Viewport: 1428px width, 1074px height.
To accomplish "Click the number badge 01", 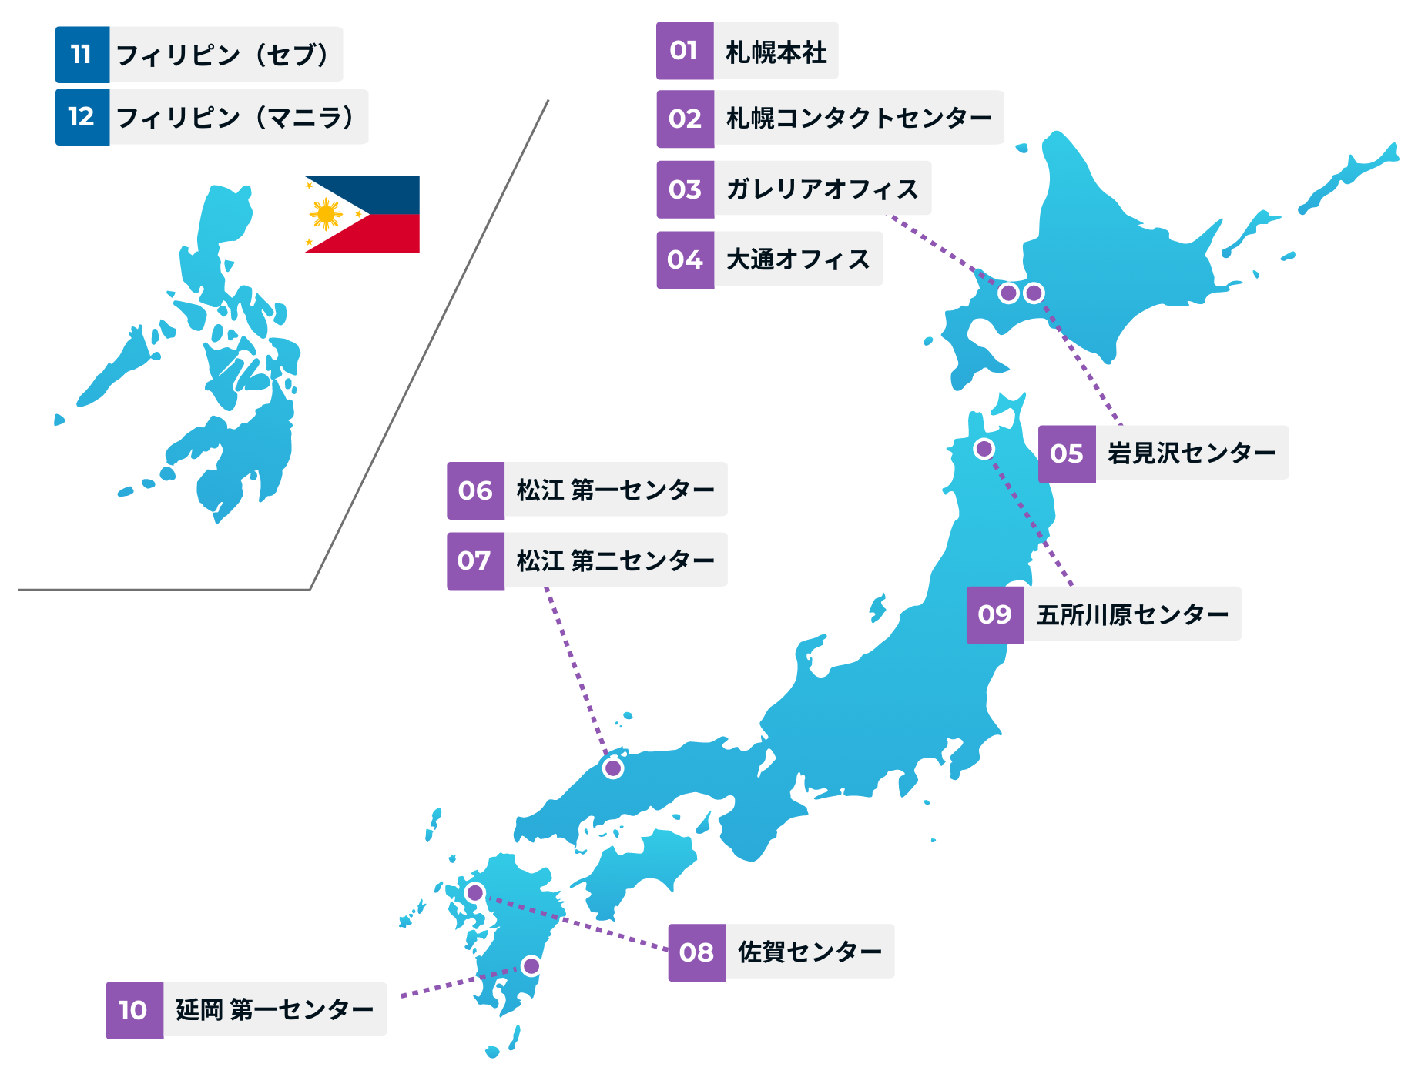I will (685, 51).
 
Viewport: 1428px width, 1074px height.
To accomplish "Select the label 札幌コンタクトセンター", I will (858, 118).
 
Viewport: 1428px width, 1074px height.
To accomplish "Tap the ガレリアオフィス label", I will (822, 189).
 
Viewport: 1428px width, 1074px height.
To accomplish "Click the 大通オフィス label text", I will (797, 259).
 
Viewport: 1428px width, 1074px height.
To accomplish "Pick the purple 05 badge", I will (1067, 454).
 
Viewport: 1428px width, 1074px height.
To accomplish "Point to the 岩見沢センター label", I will (1191, 453).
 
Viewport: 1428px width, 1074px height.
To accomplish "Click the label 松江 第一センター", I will (615, 490).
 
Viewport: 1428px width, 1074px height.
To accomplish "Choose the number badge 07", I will (475, 561).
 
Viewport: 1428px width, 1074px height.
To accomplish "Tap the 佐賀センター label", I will (809, 952).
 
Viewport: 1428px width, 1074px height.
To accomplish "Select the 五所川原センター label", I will (1131, 614).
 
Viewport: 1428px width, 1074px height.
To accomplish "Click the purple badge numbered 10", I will (134, 1010).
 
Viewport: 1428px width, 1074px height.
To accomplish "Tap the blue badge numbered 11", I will (82, 55).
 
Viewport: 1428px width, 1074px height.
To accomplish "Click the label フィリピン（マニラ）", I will (236, 117).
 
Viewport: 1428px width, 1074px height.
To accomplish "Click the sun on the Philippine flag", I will (326, 214).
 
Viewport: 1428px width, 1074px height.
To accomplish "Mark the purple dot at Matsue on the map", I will (613, 768).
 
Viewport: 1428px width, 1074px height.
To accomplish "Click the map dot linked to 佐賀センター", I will (475, 893).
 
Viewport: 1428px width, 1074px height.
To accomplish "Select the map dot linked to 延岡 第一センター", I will (531, 965).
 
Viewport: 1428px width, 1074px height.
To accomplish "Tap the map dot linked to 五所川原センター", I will (984, 448).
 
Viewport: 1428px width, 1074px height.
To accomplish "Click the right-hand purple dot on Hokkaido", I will (1034, 293).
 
